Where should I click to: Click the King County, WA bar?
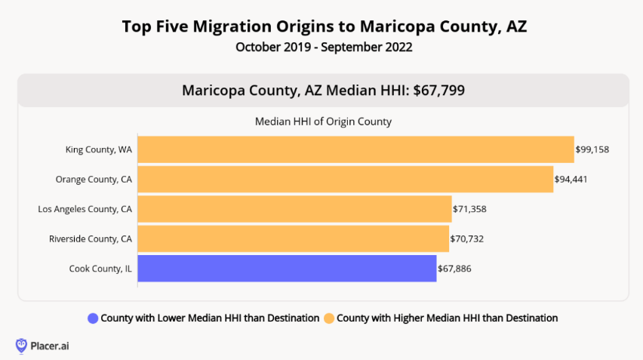(x=355, y=149)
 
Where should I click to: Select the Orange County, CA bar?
(x=345, y=179)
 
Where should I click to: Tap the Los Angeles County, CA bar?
(x=294, y=209)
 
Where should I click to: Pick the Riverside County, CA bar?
(x=293, y=238)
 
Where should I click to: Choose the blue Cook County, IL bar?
(x=287, y=268)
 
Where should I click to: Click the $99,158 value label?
(x=592, y=149)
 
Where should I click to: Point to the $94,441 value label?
(x=571, y=179)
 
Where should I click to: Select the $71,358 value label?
(x=469, y=209)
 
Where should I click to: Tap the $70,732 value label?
(x=467, y=238)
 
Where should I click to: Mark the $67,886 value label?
(x=455, y=268)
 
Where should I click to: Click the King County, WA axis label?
(x=99, y=149)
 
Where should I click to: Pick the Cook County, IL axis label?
(x=100, y=268)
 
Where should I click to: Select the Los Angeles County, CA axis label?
(x=85, y=209)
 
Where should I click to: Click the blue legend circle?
(x=93, y=318)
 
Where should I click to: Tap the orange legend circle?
(x=329, y=318)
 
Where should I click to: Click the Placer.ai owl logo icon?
(x=21, y=346)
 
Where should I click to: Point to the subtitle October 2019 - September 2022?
(x=323, y=47)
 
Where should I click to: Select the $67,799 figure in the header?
(x=438, y=91)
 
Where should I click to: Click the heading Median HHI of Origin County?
(x=323, y=121)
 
